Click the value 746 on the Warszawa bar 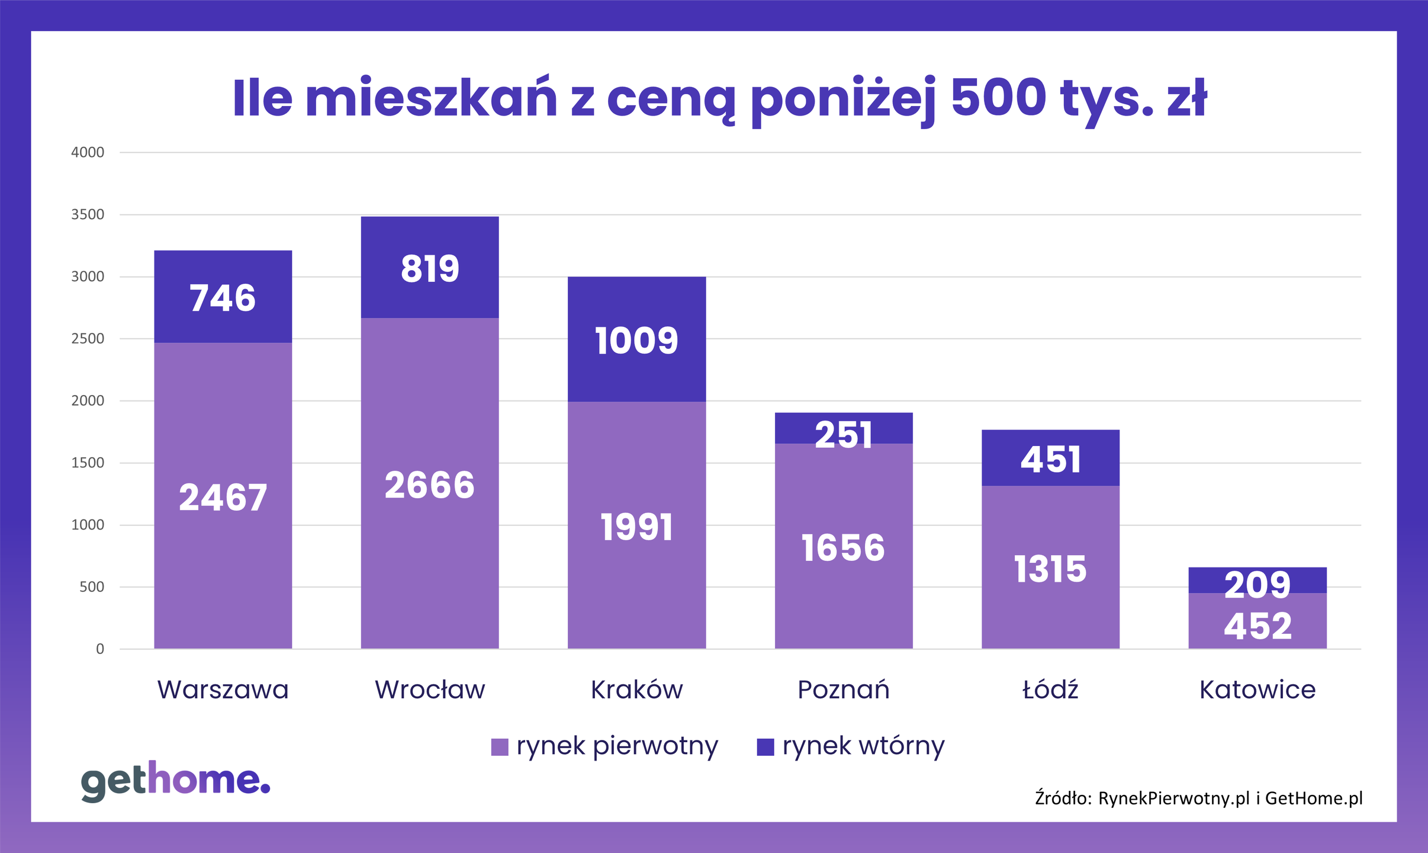[x=223, y=297]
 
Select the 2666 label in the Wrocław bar [x=429, y=485]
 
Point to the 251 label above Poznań [x=843, y=435]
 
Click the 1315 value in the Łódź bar [x=1050, y=569]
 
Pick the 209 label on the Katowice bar [x=1257, y=585]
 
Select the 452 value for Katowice [x=1257, y=626]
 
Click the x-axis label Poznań [x=843, y=690]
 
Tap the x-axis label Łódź [x=1050, y=690]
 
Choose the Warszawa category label [x=223, y=690]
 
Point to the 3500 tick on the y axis [x=88, y=214]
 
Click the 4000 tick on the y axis [x=88, y=152]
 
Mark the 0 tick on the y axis [x=100, y=649]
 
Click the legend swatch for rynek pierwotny [x=500, y=747]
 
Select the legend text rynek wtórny [x=863, y=746]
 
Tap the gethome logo [x=175, y=781]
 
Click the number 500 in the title [x=998, y=98]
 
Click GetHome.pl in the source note [x=1314, y=799]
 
